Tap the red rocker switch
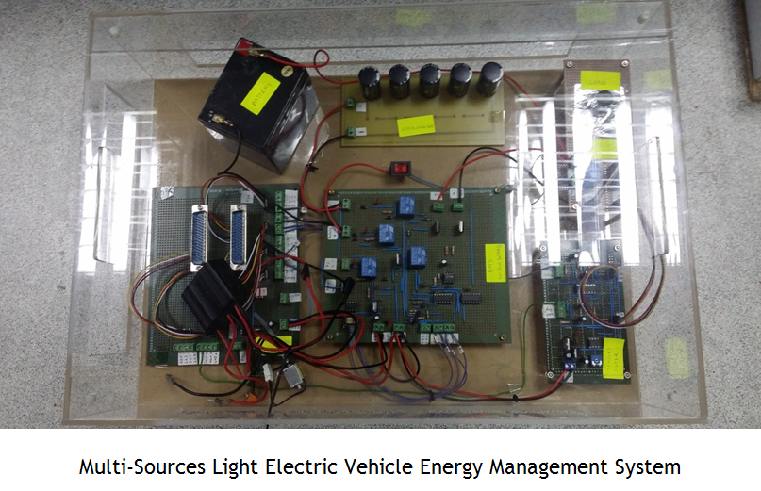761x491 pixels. tap(401, 171)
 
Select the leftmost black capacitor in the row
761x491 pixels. tap(371, 83)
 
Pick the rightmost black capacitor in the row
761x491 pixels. tap(490, 78)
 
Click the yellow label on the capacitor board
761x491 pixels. tap(414, 125)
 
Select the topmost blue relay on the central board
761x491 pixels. tap(405, 206)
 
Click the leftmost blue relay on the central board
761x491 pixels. tap(369, 268)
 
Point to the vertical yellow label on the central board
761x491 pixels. tap(494, 261)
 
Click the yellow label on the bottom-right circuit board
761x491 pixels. tap(613, 358)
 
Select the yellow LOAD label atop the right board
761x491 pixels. tap(601, 80)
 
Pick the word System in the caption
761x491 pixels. tap(653, 466)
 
